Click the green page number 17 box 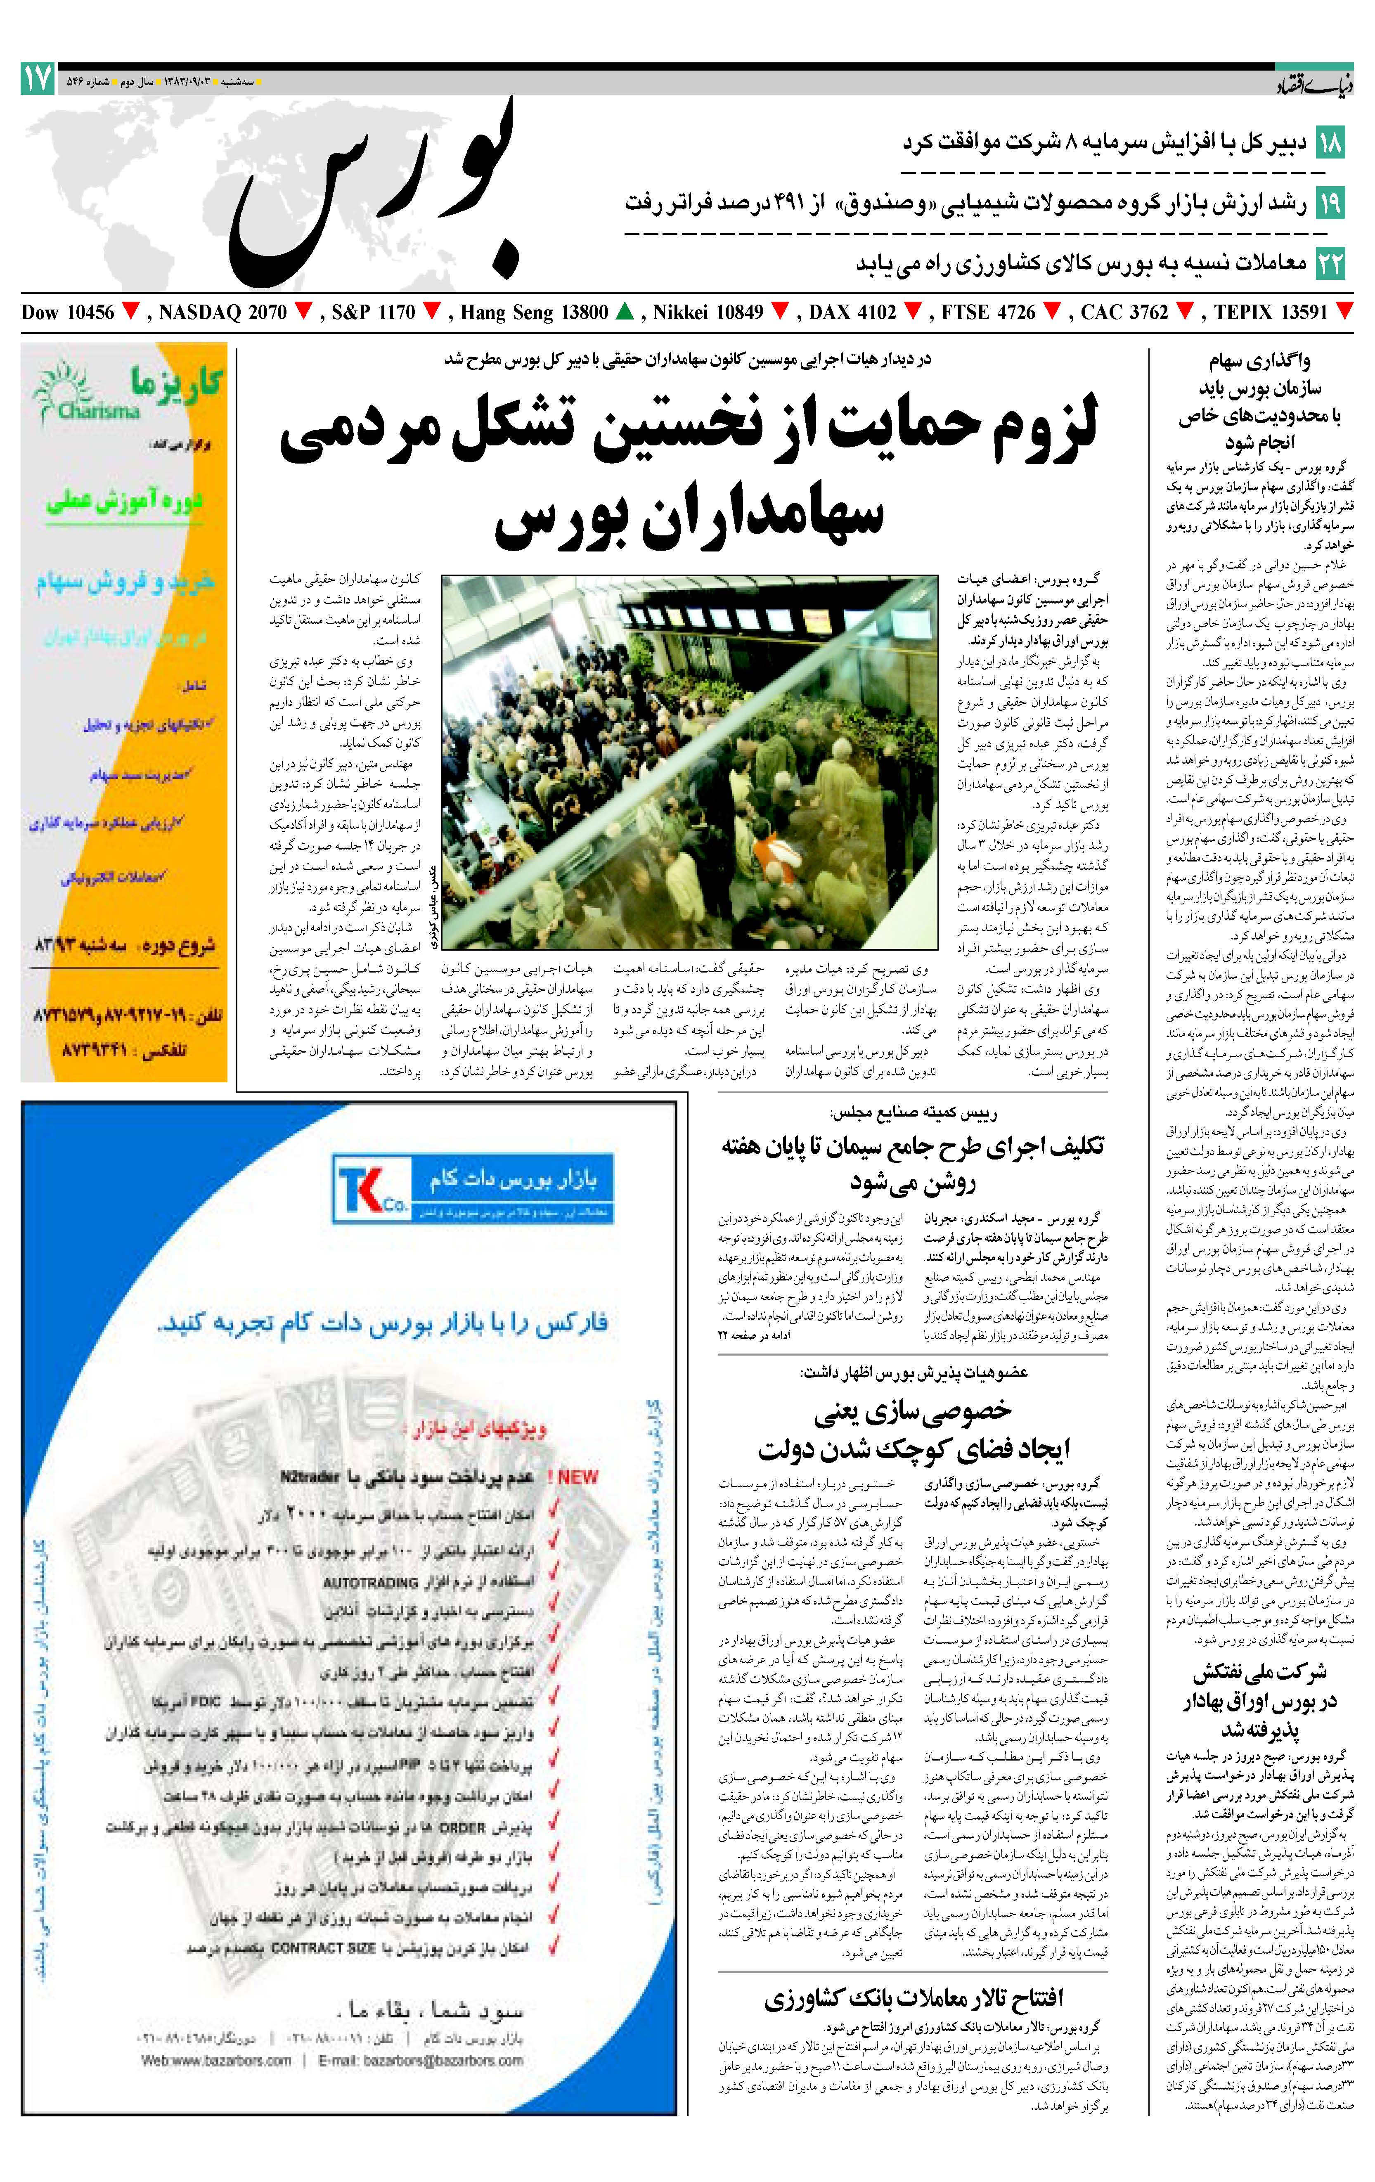[x=38, y=80]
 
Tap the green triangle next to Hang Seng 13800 [x=624, y=312]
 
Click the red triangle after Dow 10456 [x=131, y=312]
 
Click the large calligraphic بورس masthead [x=372, y=190]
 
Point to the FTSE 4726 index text [x=988, y=312]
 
